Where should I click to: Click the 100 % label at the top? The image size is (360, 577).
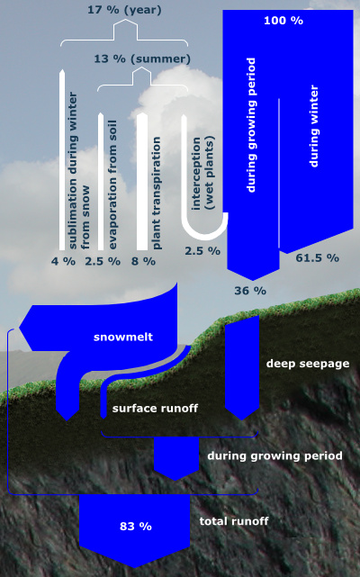(x=283, y=20)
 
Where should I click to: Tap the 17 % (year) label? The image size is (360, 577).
(x=124, y=10)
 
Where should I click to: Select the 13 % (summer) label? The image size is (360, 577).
(x=142, y=59)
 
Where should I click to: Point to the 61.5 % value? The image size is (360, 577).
(x=318, y=257)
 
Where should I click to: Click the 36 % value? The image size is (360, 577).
(x=250, y=291)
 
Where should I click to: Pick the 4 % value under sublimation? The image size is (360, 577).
(x=63, y=261)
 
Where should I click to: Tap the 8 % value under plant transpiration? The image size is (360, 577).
(x=144, y=261)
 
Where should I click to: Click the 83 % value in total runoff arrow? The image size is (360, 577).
(x=136, y=527)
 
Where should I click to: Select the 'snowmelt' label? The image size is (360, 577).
(x=123, y=337)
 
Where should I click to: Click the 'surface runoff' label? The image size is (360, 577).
(x=155, y=409)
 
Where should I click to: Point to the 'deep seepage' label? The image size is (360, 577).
(x=308, y=364)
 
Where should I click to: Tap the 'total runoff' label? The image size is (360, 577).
(x=234, y=521)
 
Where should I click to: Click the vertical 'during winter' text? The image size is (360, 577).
(x=313, y=126)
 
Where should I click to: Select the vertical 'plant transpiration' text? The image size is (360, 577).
(x=157, y=194)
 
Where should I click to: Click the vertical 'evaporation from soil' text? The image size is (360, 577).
(x=112, y=185)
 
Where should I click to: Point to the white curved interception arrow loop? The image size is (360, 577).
(x=203, y=231)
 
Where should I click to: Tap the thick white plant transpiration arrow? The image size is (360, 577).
(x=142, y=182)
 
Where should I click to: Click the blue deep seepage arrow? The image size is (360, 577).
(x=242, y=367)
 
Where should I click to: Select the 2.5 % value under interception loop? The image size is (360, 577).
(x=202, y=251)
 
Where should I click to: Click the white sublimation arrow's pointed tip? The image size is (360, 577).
(x=62, y=68)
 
